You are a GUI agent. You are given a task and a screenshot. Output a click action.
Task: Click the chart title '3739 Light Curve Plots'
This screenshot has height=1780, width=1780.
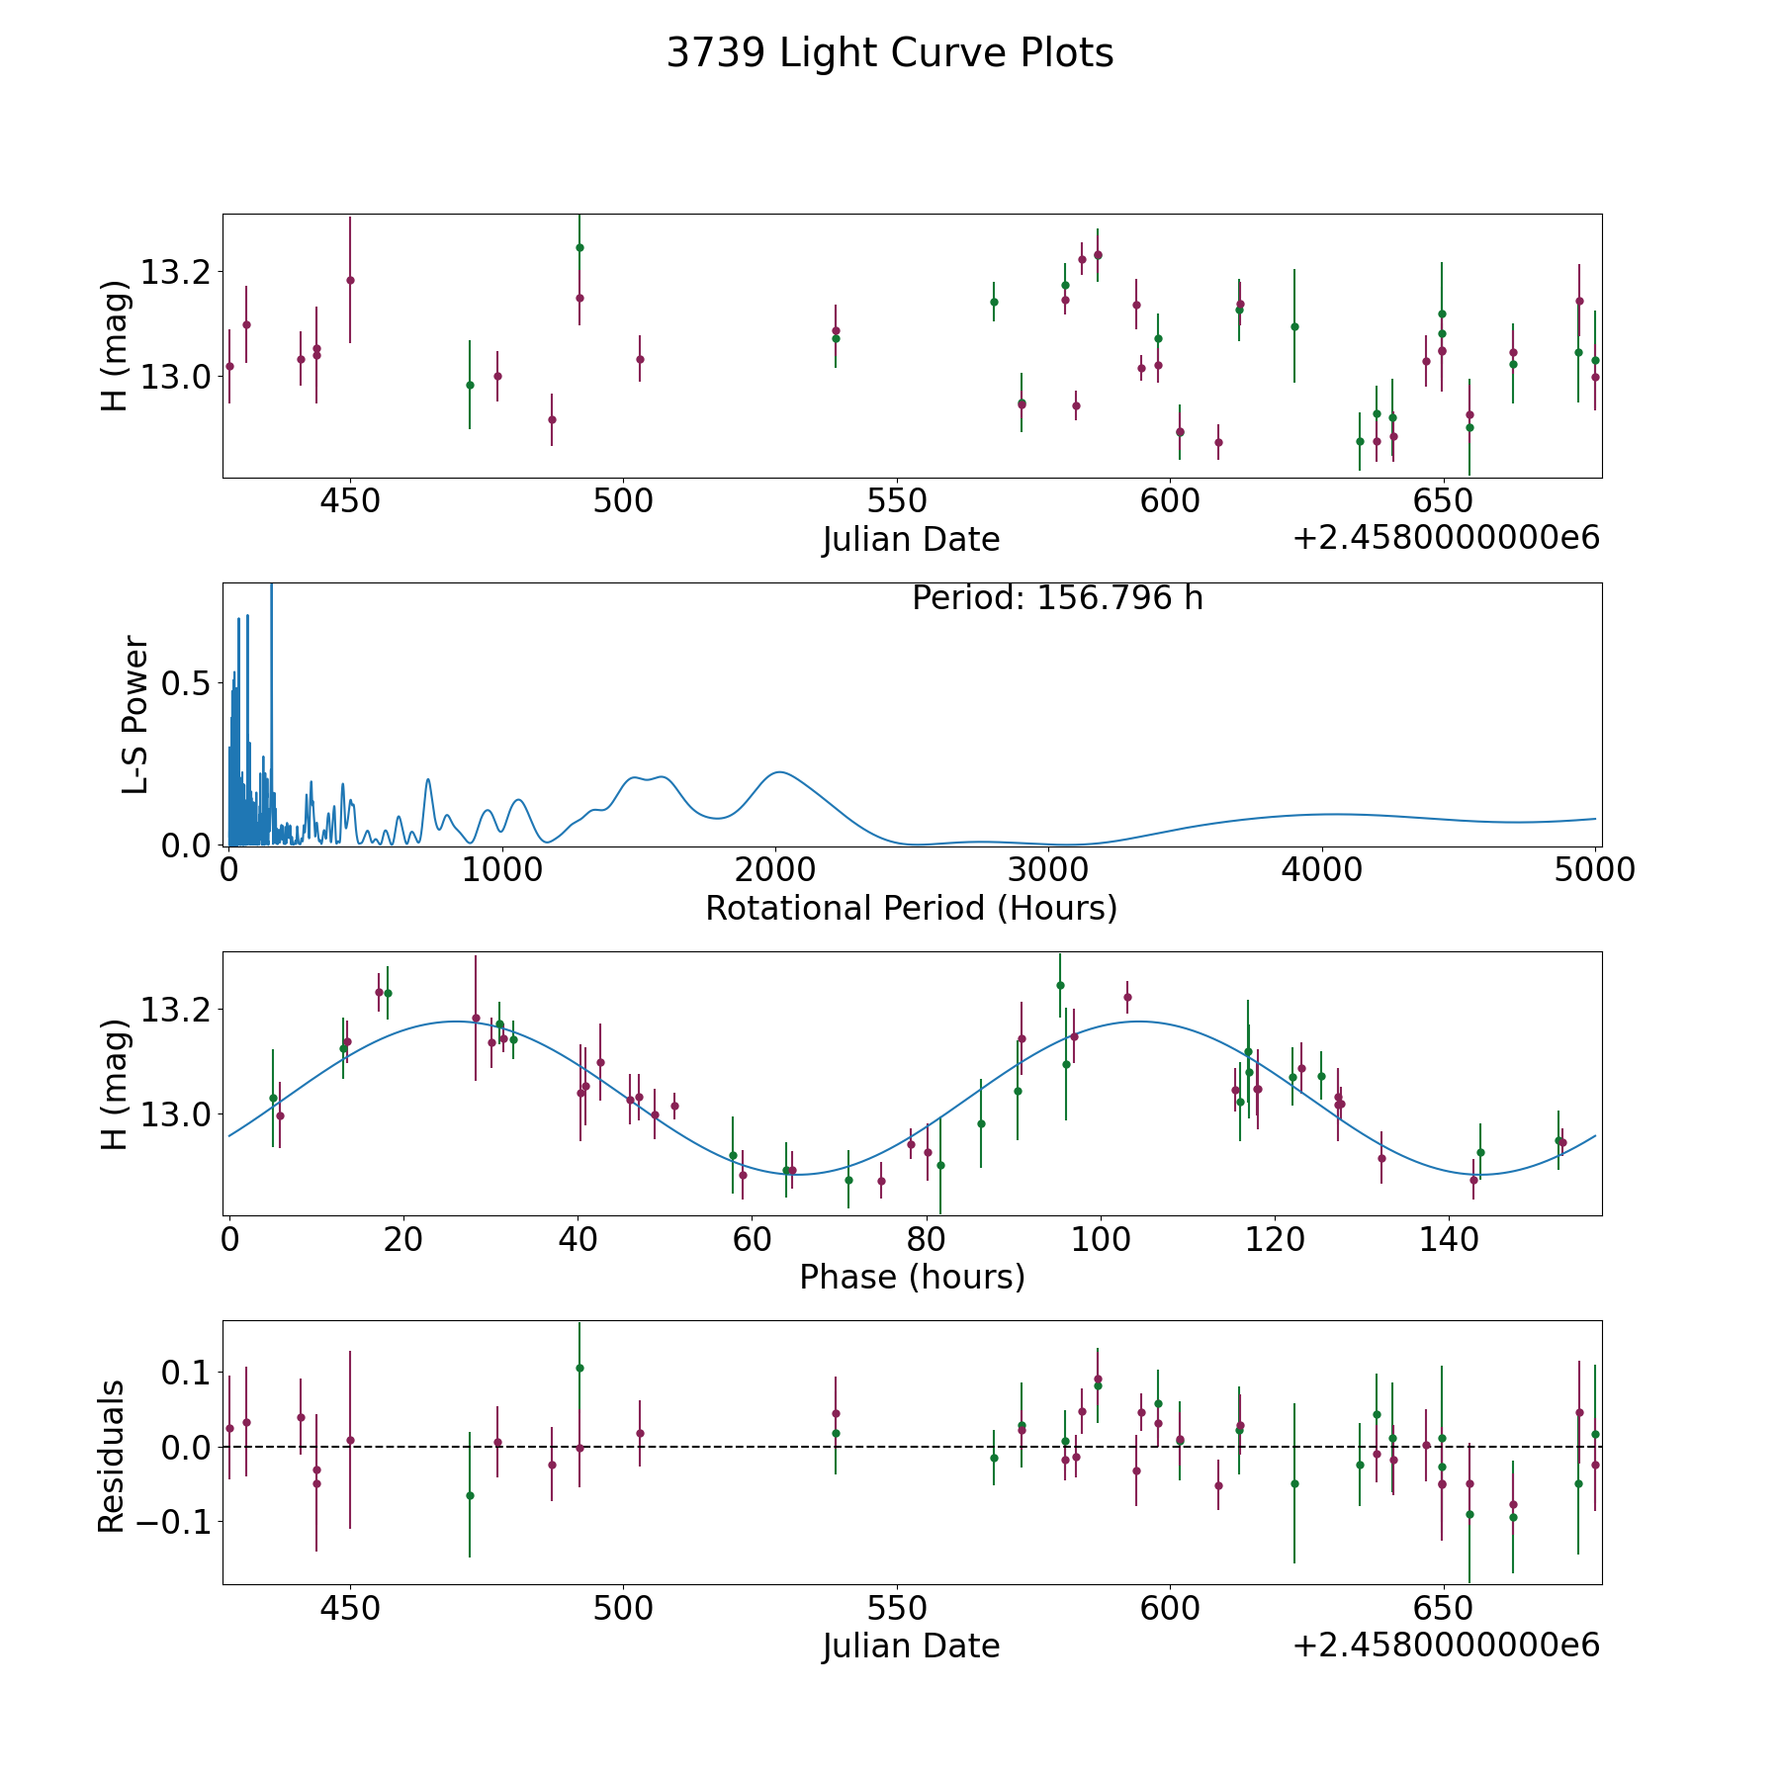pos(890,53)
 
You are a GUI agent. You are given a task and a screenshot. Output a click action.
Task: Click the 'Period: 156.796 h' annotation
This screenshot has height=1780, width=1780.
pos(1057,598)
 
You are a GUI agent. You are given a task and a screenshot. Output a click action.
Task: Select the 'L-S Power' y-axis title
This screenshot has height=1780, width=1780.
pos(135,714)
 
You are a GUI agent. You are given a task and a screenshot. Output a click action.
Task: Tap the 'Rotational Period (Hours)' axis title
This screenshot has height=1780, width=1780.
pos(911,908)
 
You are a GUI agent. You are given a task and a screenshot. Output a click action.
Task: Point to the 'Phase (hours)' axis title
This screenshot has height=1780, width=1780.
pos(912,1277)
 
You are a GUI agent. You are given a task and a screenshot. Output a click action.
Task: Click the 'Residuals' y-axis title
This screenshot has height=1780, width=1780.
pos(112,1455)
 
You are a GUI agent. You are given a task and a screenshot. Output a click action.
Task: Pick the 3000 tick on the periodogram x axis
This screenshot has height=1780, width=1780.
pos(1049,870)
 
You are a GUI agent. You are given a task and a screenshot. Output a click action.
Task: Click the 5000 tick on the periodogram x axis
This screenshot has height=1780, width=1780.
pos(1595,870)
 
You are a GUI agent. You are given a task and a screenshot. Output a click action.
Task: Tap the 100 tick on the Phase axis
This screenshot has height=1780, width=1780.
pos(1101,1239)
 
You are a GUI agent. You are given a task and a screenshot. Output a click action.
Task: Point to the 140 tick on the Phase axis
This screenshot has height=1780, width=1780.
pos(1449,1239)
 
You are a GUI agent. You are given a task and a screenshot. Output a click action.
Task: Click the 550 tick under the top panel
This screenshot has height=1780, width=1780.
pos(896,501)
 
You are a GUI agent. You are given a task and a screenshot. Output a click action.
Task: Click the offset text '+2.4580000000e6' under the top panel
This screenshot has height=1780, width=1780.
pos(1446,539)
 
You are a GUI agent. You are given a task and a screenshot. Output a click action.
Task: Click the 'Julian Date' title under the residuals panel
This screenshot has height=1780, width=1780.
pos(911,1646)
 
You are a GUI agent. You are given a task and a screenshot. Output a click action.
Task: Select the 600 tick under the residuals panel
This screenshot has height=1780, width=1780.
pos(1170,1608)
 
